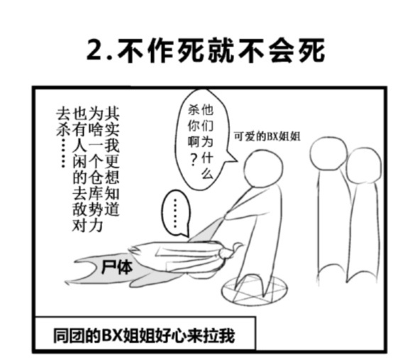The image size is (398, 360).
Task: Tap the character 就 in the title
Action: tap(221, 50)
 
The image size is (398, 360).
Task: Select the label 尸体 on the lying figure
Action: tap(117, 268)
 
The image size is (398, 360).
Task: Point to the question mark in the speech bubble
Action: tap(194, 160)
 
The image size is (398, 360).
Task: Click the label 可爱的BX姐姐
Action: tap(267, 136)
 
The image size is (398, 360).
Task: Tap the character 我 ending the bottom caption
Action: tap(227, 336)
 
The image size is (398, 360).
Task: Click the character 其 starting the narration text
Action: tap(111, 114)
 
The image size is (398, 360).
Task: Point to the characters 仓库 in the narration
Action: tap(96, 187)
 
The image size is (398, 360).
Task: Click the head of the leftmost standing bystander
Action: tap(328, 153)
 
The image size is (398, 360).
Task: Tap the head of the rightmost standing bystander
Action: tap(364, 165)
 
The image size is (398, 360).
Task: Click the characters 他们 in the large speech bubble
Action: tap(207, 118)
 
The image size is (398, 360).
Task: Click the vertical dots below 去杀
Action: tap(63, 153)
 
